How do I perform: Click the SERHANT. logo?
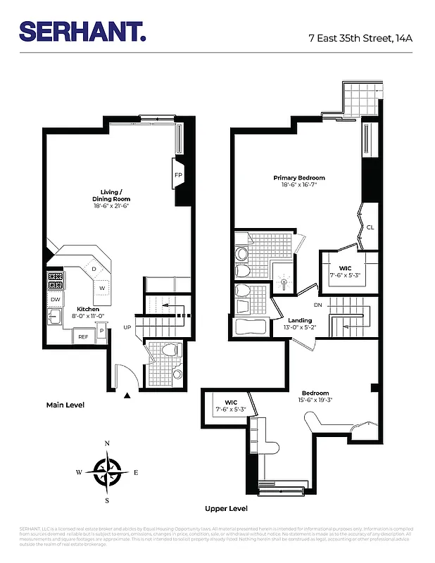tap(82, 31)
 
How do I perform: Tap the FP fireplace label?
tap(178, 175)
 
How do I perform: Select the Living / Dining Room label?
tap(111, 195)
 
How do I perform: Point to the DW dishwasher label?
tap(55, 300)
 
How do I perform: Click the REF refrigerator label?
tap(83, 337)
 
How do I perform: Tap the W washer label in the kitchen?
tap(101, 288)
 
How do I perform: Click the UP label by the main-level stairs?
tap(127, 327)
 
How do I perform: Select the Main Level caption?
tap(65, 405)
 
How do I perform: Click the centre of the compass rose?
tap(107, 472)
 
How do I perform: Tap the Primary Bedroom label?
tap(299, 178)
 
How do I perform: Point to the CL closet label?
tap(370, 227)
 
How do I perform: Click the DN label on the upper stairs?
tap(317, 305)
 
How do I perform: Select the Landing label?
tap(300, 320)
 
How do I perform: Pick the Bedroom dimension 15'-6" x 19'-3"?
tap(315, 400)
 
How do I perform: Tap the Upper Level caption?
tap(226, 508)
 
